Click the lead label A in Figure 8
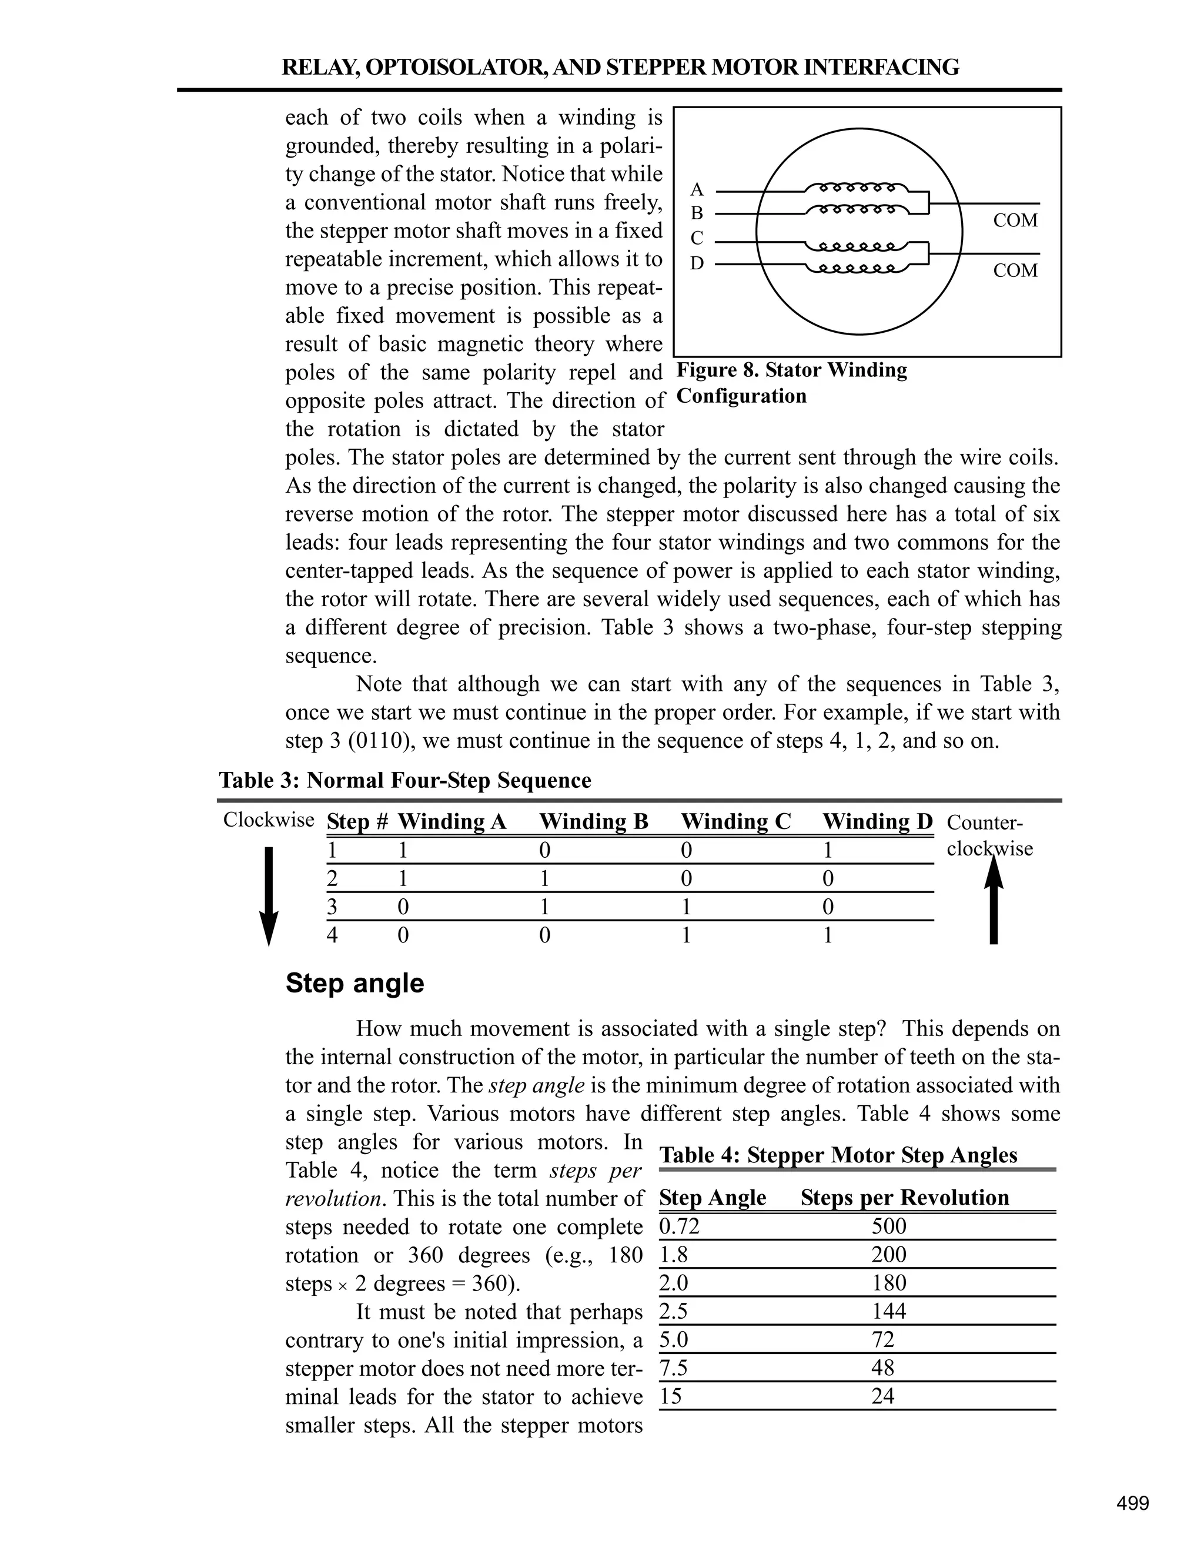tap(697, 190)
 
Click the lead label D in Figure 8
tap(697, 263)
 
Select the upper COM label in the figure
tap(1015, 220)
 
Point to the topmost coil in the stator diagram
tap(857, 188)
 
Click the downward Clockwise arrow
tap(268, 895)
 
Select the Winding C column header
tap(735, 822)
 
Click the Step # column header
tap(357, 822)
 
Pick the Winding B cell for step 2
tap(545, 879)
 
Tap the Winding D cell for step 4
tap(828, 935)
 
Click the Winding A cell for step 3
tap(403, 907)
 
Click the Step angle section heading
tap(354, 984)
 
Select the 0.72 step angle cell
tap(679, 1226)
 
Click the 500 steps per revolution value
tap(889, 1226)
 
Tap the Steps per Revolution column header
tap(904, 1198)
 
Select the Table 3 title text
tap(404, 780)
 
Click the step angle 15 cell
tap(670, 1396)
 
